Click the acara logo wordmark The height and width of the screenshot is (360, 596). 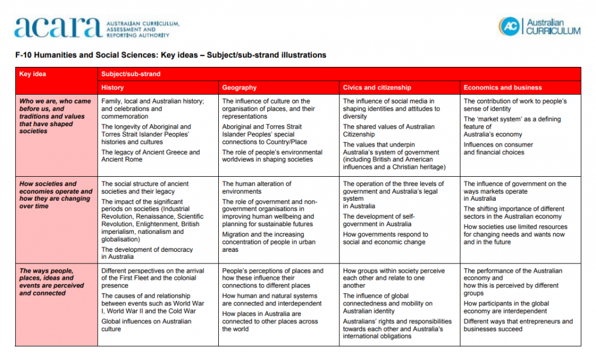[58, 27]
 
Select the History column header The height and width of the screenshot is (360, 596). [112, 88]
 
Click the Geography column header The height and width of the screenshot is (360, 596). [239, 88]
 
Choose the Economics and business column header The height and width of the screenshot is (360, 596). [502, 88]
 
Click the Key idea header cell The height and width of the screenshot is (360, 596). [33, 74]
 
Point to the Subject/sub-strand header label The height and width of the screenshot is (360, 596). [131, 74]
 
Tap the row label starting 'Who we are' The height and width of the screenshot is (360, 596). [55, 116]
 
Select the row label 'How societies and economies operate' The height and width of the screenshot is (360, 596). [55, 195]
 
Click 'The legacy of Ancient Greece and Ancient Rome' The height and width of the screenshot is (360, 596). [150, 156]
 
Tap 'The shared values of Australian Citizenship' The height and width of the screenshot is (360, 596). [388, 130]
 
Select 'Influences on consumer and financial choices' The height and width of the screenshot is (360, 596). [498, 148]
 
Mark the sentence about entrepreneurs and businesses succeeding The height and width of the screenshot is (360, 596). [518, 325]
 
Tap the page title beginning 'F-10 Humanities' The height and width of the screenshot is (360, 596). [171, 55]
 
